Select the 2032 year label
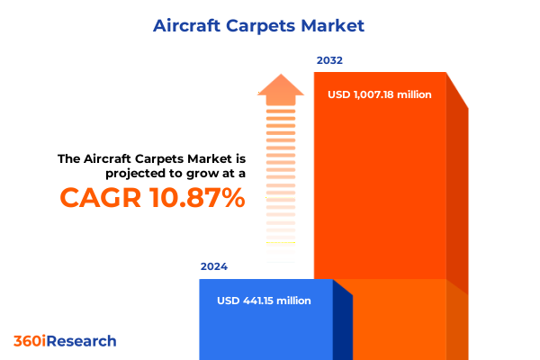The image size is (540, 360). [x=329, y=60]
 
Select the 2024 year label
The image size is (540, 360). [x=214, y=266]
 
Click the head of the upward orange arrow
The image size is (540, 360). [x=282, y=87]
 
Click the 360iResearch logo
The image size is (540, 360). [x=65, y=341]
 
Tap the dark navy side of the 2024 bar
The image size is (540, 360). [x=342, y=324]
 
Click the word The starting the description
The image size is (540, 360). [x=70, y=158]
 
